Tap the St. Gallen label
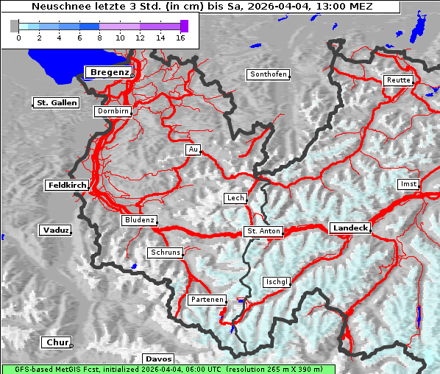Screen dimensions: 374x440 pos(57,103)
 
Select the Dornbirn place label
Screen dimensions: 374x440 pos(113,111)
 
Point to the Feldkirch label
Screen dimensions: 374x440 pos(67,186)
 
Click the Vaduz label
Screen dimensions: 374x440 pos(55,230)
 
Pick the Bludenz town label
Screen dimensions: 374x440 pos(139,220)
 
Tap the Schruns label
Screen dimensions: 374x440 pos(165,253)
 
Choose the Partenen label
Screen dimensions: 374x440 pos(207,300)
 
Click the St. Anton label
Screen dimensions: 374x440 pos(263,231)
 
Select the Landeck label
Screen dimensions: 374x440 pos(350,228)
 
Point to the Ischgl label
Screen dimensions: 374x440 pos(277,282)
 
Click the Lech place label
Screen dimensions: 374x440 pos(235,198)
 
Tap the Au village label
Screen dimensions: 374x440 pos(194,150)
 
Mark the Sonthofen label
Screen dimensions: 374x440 pos(269,74)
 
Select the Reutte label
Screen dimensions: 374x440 pos(397,80)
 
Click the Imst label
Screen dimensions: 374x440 pos(408,183)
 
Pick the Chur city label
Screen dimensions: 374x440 pos(56,342)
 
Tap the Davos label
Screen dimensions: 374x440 pos(159,359)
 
